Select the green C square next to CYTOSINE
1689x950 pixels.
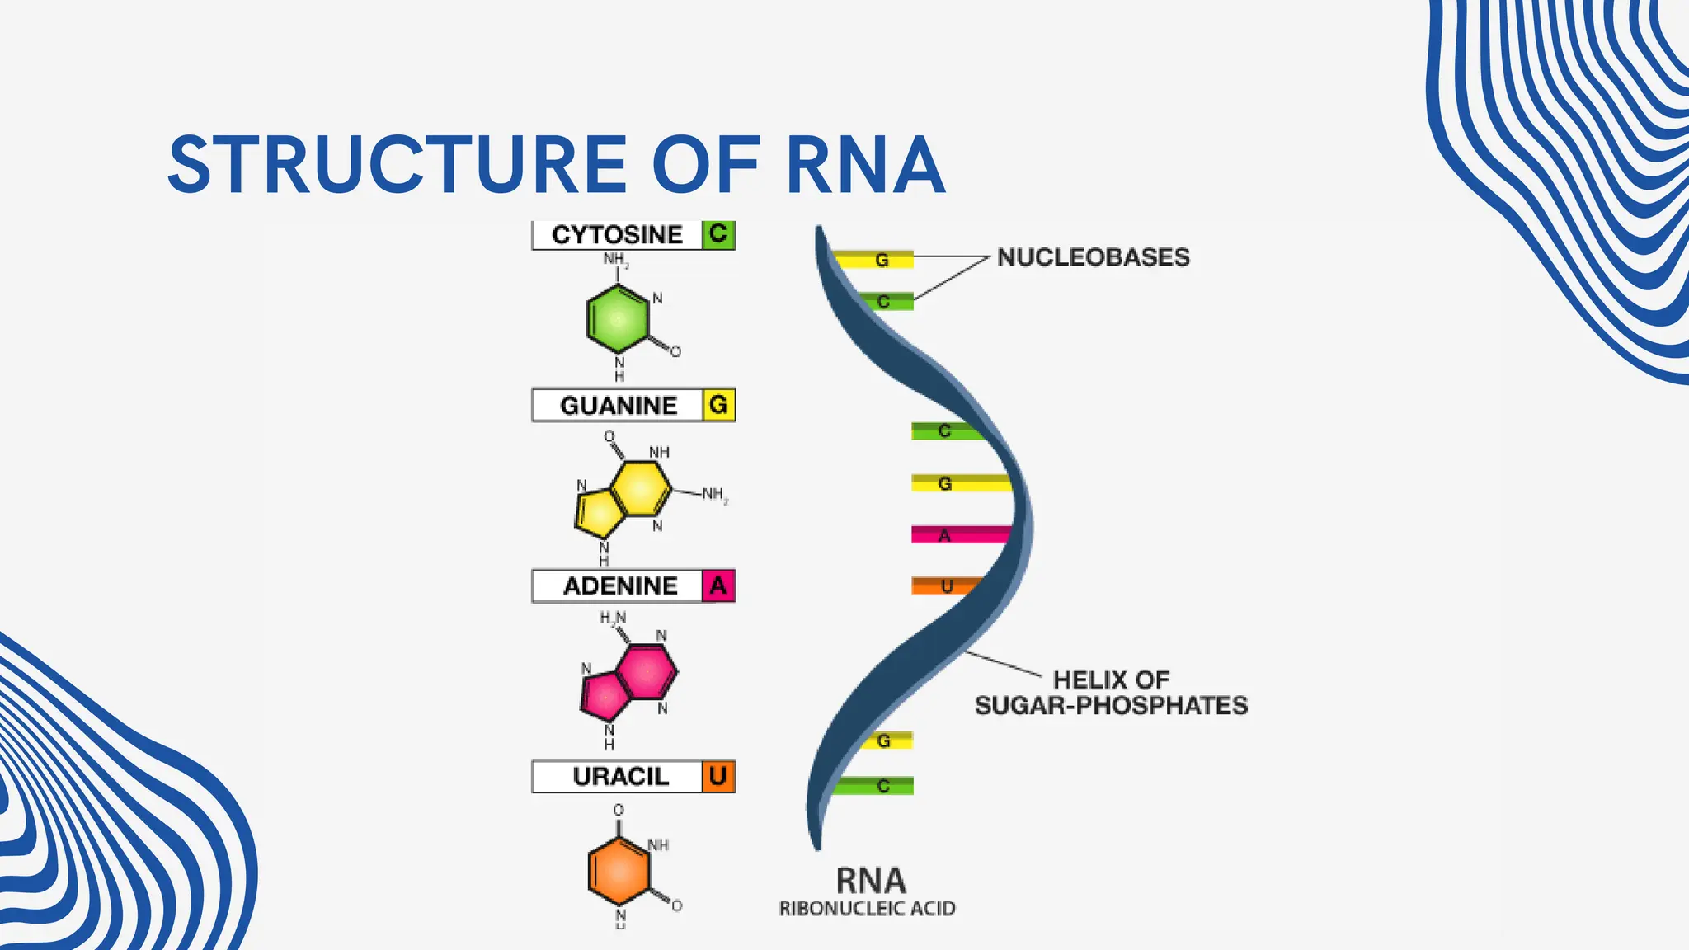718,234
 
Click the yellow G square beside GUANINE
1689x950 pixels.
718,405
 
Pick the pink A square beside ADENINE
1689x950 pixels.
718,586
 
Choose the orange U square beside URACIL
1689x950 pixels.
718,776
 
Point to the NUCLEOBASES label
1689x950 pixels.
1093,257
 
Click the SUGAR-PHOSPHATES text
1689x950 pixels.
1111,706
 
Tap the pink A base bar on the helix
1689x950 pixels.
957,535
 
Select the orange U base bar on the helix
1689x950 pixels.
944,586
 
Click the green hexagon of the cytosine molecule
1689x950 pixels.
619,318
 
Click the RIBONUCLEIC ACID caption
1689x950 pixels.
867,909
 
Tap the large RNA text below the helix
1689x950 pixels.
871,881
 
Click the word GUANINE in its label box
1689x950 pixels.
619,406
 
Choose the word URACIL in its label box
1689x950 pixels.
620,777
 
